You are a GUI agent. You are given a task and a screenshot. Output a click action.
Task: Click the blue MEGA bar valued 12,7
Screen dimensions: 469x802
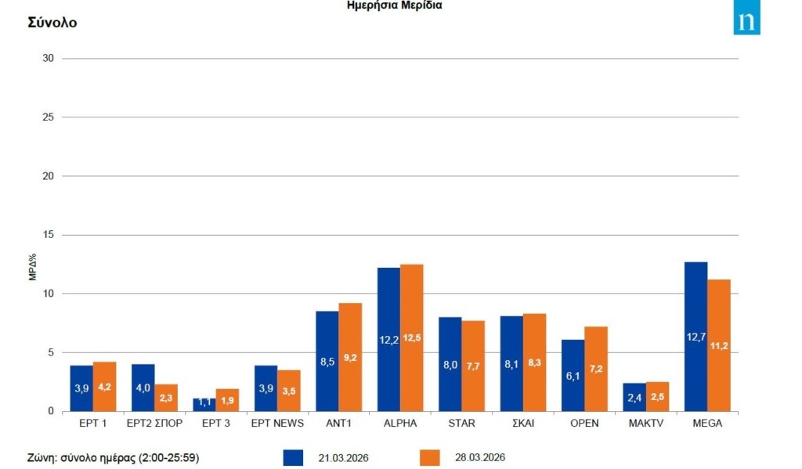(695, 337)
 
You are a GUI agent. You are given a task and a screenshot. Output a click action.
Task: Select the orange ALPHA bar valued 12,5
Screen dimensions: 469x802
(412, 337)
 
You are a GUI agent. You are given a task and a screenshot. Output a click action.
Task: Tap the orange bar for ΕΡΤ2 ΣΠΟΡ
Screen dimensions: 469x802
(166, 397)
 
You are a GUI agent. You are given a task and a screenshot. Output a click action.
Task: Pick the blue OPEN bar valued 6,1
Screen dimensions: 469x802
(573, 375)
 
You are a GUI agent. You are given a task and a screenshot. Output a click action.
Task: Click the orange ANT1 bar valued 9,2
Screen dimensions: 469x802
(350, 357)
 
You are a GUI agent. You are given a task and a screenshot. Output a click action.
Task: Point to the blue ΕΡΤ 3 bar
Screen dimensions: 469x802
(204, 404)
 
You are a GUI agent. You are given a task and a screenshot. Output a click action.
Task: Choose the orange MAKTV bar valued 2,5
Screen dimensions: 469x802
(657, 396)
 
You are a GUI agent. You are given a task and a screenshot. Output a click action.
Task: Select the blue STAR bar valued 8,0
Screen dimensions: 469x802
(450, 364)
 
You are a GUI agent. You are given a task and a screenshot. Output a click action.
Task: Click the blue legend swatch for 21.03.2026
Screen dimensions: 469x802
(292, 457)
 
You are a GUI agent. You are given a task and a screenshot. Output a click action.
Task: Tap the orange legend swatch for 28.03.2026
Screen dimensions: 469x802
(430, 457)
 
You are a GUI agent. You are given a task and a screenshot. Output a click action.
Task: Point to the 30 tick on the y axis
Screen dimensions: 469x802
(48, 59)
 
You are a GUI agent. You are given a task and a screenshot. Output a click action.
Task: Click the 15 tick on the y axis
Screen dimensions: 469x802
(48, 235)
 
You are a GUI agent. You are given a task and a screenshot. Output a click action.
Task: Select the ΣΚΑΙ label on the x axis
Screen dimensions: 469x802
(523, 424)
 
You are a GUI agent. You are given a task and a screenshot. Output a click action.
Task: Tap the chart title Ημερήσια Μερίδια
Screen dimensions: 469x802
(395, 5)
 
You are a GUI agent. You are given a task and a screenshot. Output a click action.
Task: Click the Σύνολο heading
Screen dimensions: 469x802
(52, 23)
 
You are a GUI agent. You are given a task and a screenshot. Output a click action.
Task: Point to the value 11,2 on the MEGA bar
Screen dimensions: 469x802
(719, 345)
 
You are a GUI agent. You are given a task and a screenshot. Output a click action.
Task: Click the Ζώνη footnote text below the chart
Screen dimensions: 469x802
(113, 457)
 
